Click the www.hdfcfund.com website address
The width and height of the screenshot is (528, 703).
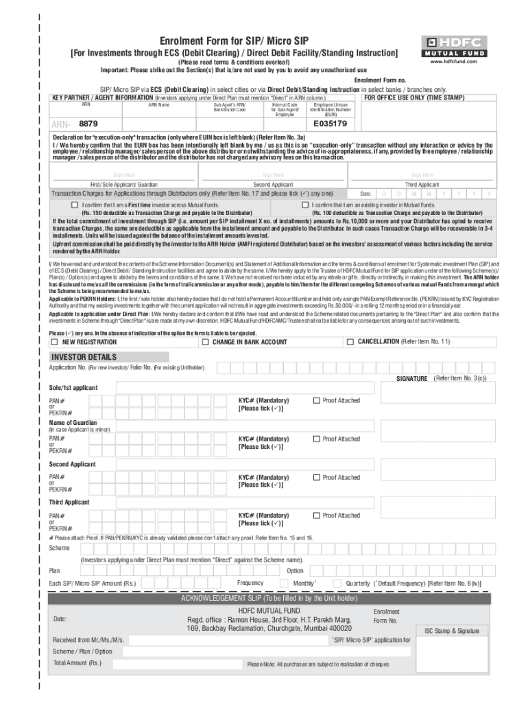pos(453,61)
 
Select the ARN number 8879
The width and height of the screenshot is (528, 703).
pos(88,124)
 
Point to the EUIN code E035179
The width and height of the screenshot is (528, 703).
pos(331,124)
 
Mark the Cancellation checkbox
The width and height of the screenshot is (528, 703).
pos(350,341)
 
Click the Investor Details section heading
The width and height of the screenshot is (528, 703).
pos(84,357)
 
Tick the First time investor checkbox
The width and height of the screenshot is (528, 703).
pos(74,205)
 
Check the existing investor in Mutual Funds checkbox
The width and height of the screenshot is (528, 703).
pos(305,205)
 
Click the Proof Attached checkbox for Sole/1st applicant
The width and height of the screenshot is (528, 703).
pos(316,400)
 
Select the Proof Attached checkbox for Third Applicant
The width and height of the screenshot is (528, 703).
pos(316,515)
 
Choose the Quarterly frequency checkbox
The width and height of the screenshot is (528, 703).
pos(337,583)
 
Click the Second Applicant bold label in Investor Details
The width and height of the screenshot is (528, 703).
pos(72,465)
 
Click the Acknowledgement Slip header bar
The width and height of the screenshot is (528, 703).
pos(269,598)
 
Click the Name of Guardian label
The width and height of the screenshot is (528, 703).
pos(73,422)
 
